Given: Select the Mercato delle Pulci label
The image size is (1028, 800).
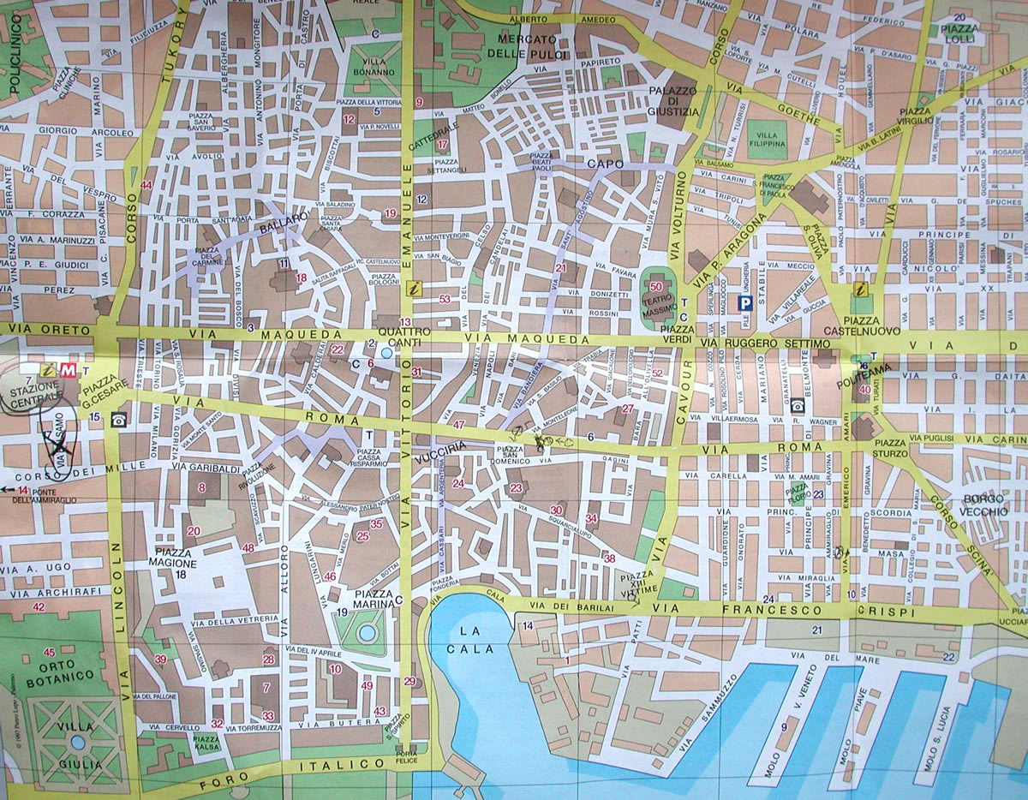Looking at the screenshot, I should point(527,46).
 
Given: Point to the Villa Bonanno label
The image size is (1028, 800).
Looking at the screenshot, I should point(374,78).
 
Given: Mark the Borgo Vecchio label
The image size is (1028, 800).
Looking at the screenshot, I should point(985,504).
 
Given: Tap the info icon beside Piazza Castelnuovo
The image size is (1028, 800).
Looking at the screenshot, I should point(862,291).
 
